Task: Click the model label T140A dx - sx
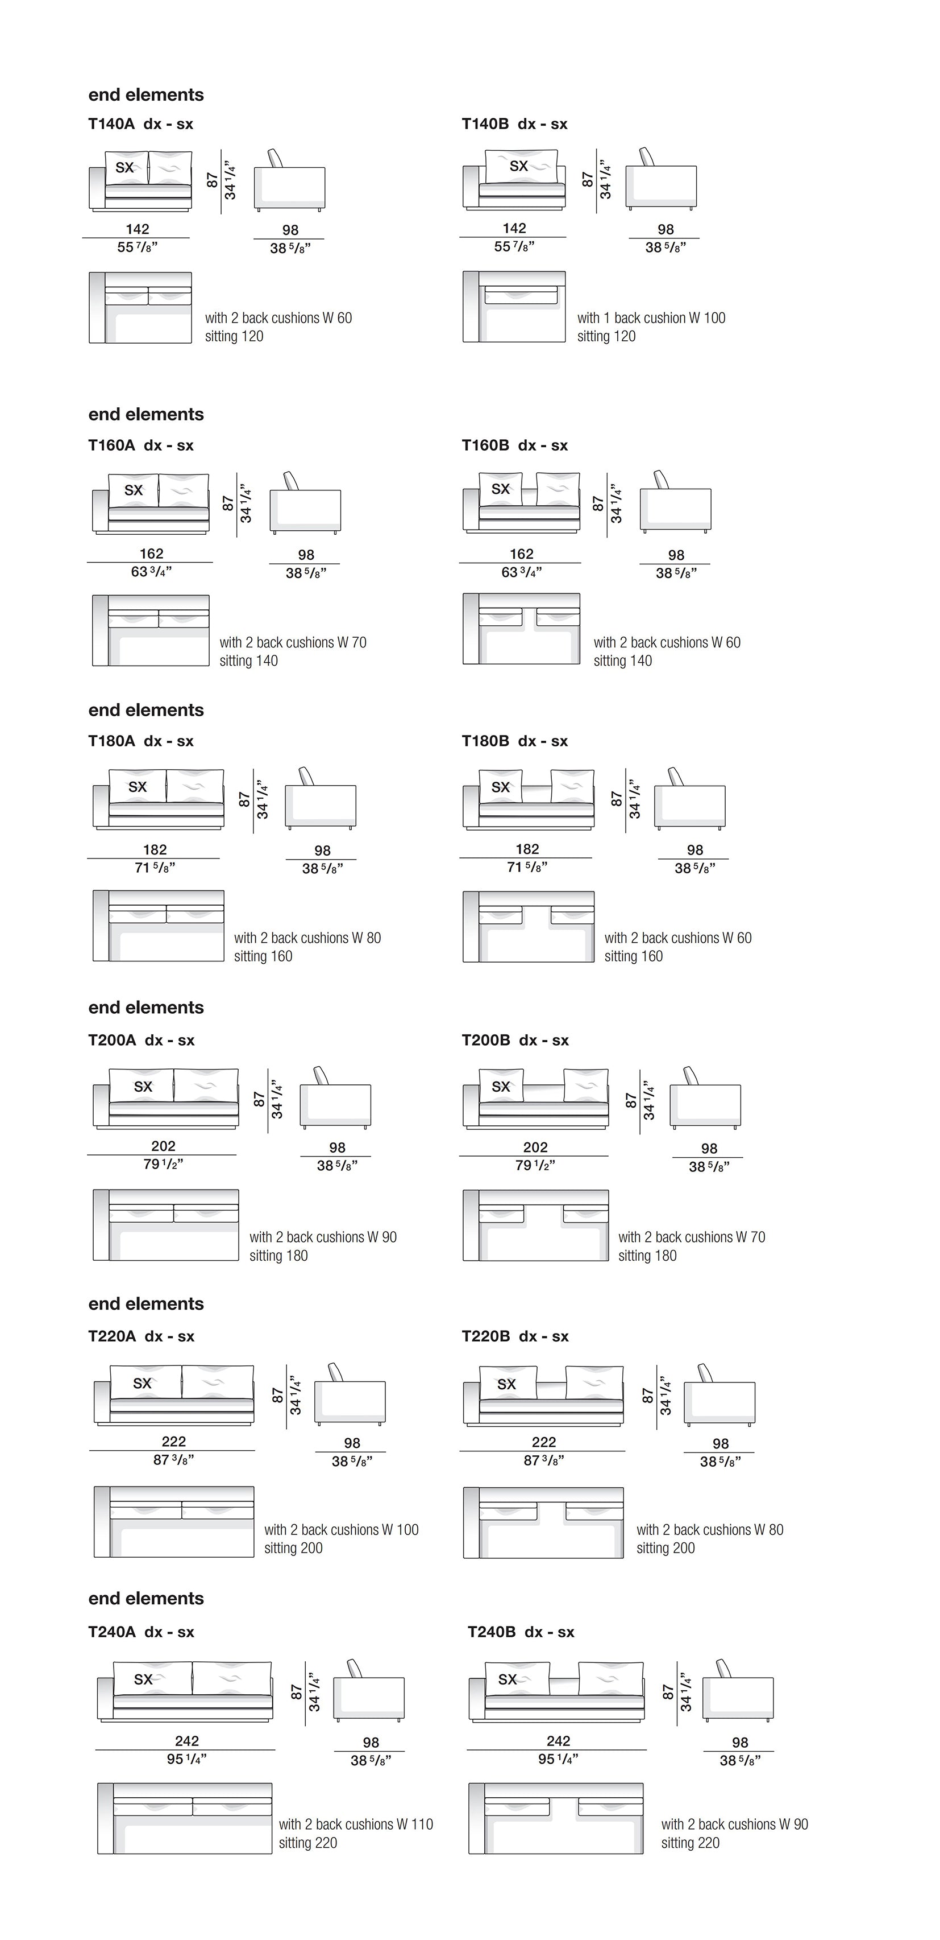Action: coord(141,124)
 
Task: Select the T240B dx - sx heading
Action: coord(521,1632)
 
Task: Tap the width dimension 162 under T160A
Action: coord(151,554)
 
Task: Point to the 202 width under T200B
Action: coord(535,1147)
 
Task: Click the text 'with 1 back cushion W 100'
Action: coord(651,318)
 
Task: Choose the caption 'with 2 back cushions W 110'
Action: coord(356,1824)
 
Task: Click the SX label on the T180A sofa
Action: coord(138,786)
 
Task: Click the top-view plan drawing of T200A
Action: coord(165,1224)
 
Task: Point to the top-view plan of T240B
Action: coord(555,1818)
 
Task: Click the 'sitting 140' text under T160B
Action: coord(622,661)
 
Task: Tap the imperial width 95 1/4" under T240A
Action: coord(186,1759)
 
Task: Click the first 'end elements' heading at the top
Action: coord(146,95)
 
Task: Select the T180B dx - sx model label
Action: coord(515,741)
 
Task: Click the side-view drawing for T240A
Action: coord(369,1691)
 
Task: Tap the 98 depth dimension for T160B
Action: coord(676,555)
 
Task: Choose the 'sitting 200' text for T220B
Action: coord(666,1547)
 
